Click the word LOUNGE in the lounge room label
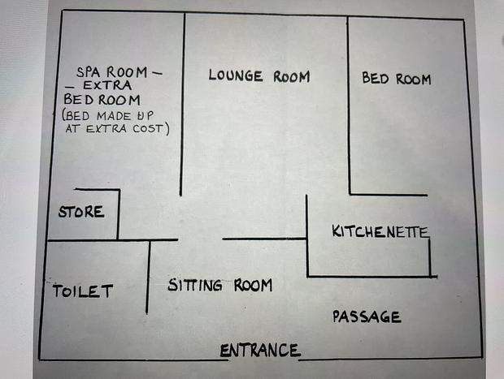[x=236, y=75]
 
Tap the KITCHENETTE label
[x=380, y=231]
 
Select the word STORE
[x=81, y=212]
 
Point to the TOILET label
[x=83, y=291]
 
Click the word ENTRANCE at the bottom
[x=260, y=350]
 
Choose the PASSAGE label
[x=367, y=317]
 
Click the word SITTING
[x=195, y=285]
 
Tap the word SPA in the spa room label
[x=88, y=72]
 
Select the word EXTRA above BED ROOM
[x=107, y=85]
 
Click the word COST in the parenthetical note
[x=148, y=129]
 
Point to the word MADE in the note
[x=114, y=116]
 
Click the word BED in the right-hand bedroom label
[x=376, y=78]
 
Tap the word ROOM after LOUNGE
[x=292, y=76]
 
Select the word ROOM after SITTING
[x=253, y=285]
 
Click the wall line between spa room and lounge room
[x=183, y=105]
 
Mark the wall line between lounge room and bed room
[x=349, y=106]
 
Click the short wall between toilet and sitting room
[x=148, y=277]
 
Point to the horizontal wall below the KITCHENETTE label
[x=372, y=276]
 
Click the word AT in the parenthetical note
[x=73, y=128]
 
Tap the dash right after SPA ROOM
[x=157, y=74]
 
